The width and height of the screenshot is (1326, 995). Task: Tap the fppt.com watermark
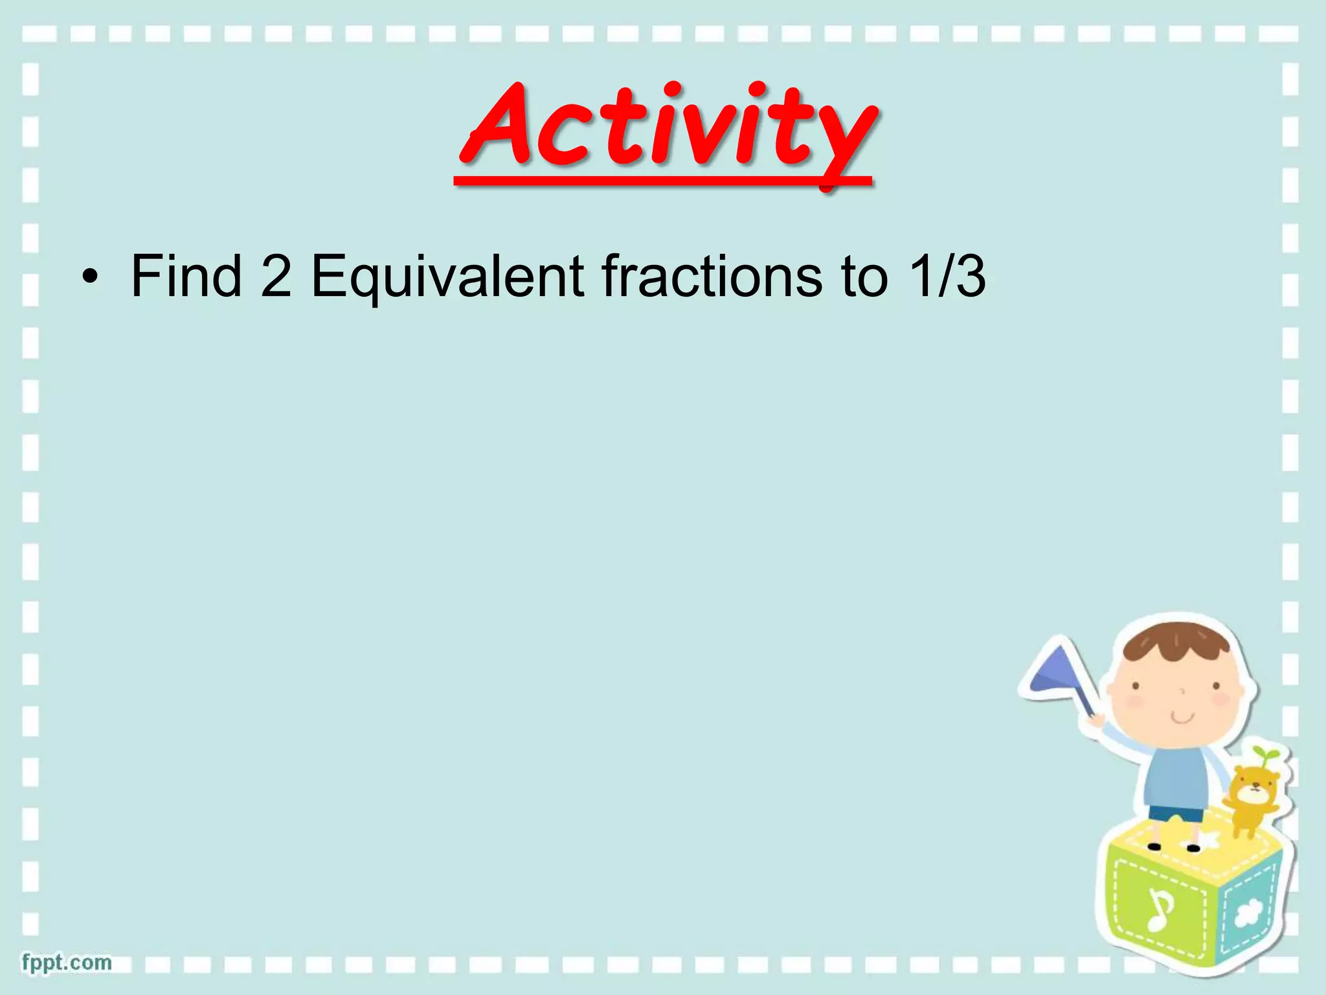67,962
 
